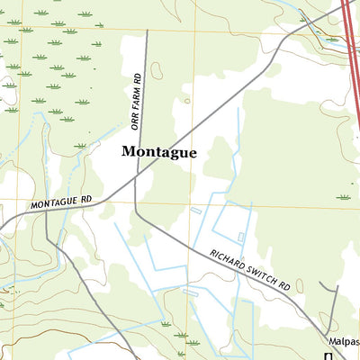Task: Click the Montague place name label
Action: pos(159,153)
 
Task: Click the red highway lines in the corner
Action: pos(352,54)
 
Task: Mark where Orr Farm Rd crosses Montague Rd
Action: pos(137,178)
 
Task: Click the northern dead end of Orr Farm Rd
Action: pos(145,32)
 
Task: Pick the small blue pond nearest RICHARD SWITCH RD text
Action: pos(240,237)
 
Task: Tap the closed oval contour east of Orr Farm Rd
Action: pos(157,70)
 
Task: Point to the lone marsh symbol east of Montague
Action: pos(344,197)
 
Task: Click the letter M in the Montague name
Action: pos(130,153)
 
